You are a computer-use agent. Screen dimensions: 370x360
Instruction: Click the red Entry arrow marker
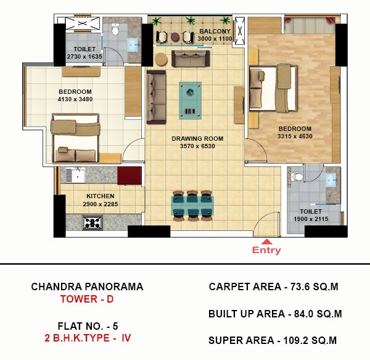click(x=266, y=241)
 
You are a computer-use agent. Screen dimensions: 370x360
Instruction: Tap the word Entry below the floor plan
click(x=266, y=250)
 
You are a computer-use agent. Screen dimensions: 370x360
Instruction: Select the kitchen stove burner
click(x=92, y=223)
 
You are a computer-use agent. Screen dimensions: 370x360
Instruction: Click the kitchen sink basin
click(x=75, y=175)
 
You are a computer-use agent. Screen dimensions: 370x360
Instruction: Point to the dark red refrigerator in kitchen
click(x=129, y=175)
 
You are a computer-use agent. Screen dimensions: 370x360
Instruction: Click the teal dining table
click(x=192, y=206)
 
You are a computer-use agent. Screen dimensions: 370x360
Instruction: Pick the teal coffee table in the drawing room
click(x=190, y=101)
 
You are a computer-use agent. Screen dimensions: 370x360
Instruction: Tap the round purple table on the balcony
click(x=175, y=37)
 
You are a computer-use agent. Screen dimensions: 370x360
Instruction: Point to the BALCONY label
click(x=215, y=31)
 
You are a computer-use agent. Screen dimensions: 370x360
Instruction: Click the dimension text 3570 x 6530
click(x=197, y=146)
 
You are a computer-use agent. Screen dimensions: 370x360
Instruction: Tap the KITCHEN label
click(x=101, y=196)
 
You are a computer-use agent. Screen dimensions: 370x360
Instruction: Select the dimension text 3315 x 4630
click(x=295, y=136)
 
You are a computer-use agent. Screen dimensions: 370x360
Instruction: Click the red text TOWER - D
click(x=87, y=299)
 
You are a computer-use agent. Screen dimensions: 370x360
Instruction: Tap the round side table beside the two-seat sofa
click(x=161, y=59)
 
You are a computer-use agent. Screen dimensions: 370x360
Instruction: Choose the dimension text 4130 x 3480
click(x=75, y=99)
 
